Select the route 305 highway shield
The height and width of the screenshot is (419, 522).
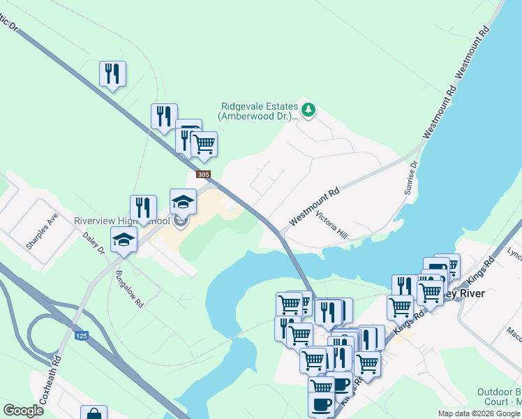(x=202, y=175)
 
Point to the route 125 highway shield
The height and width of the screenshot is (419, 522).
(x=82, y=336)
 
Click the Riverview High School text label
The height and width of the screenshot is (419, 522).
(x=121, y=221)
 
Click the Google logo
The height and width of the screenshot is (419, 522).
(x=23, y=411)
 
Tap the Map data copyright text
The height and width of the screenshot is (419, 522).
(x=479, y=413)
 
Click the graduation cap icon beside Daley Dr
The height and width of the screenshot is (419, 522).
(x=124, y=239)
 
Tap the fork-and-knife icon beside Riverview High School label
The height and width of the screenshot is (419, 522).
(x=143, y=207)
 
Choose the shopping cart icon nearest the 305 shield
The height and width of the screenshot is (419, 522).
(x=204, y=145)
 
